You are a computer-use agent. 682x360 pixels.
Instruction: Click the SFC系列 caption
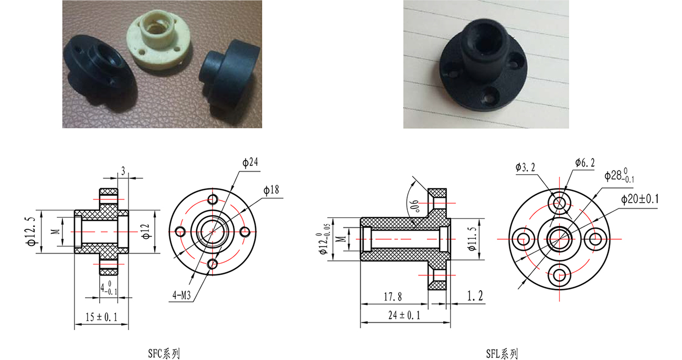point(164,353)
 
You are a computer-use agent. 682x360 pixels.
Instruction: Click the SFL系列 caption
point(502,354)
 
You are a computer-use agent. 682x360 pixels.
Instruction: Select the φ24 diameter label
point(250,162)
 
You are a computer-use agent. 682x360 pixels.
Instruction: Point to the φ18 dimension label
point(271,190)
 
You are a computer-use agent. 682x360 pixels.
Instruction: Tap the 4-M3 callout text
point(182,295)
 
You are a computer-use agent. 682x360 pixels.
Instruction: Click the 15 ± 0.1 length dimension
point(101,317)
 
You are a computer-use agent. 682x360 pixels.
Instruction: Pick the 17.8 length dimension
point(393,297)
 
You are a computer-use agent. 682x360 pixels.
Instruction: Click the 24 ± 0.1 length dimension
point(404,315)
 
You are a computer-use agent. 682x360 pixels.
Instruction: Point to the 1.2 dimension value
point(475,296)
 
